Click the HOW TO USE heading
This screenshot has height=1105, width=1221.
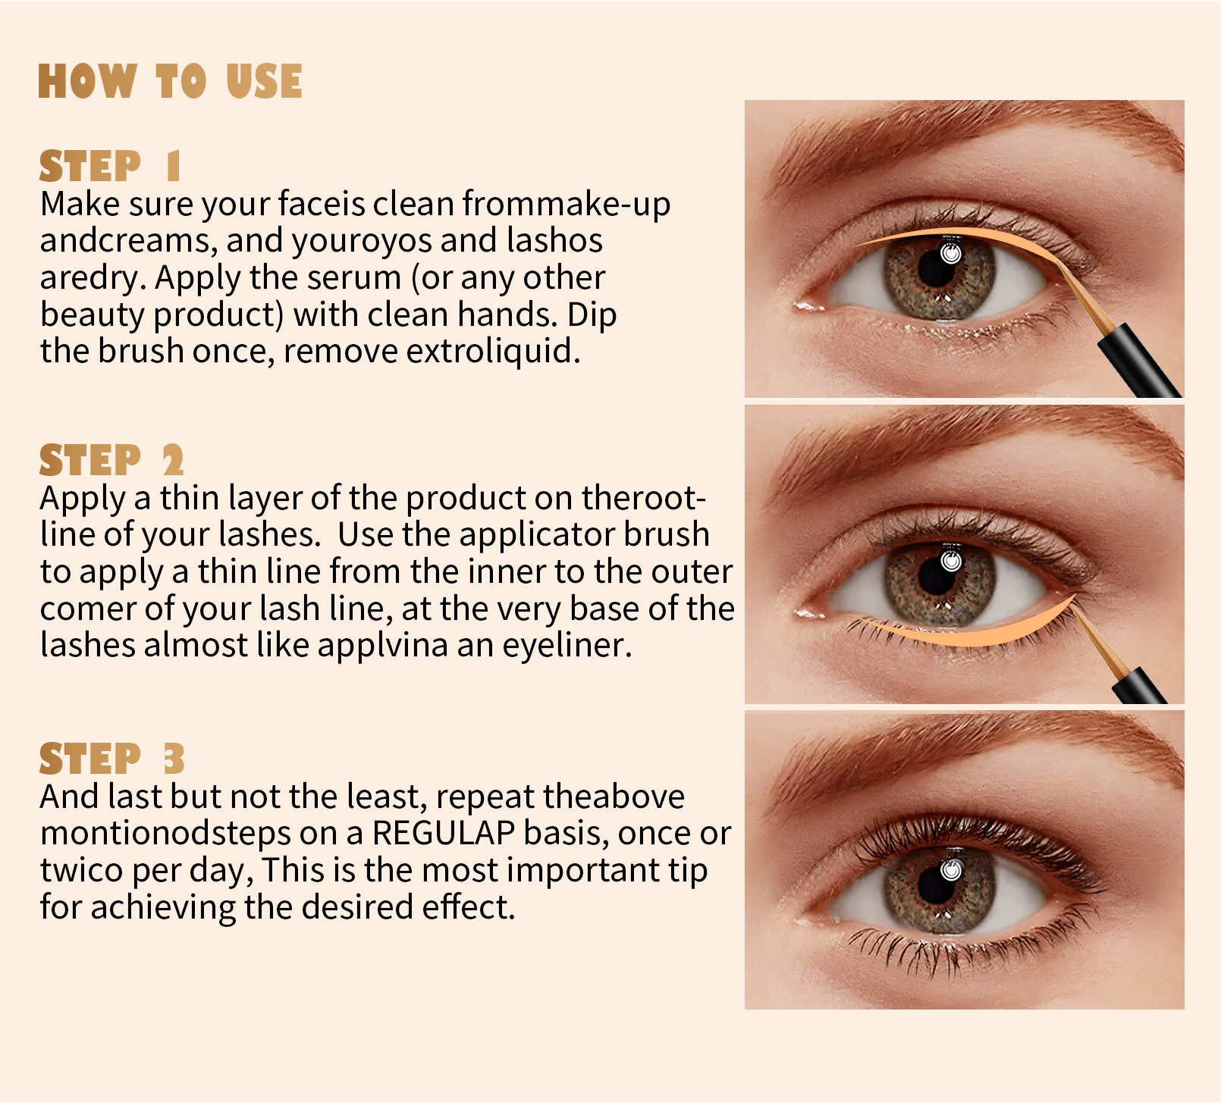(170, 81)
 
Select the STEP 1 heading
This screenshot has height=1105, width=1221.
(110, 166)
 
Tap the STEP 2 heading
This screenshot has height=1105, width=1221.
(111, 460)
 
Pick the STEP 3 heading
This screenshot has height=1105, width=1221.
(111, 758)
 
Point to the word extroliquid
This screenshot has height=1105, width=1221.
(494, 351)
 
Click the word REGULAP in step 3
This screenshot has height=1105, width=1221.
(444, 833)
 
